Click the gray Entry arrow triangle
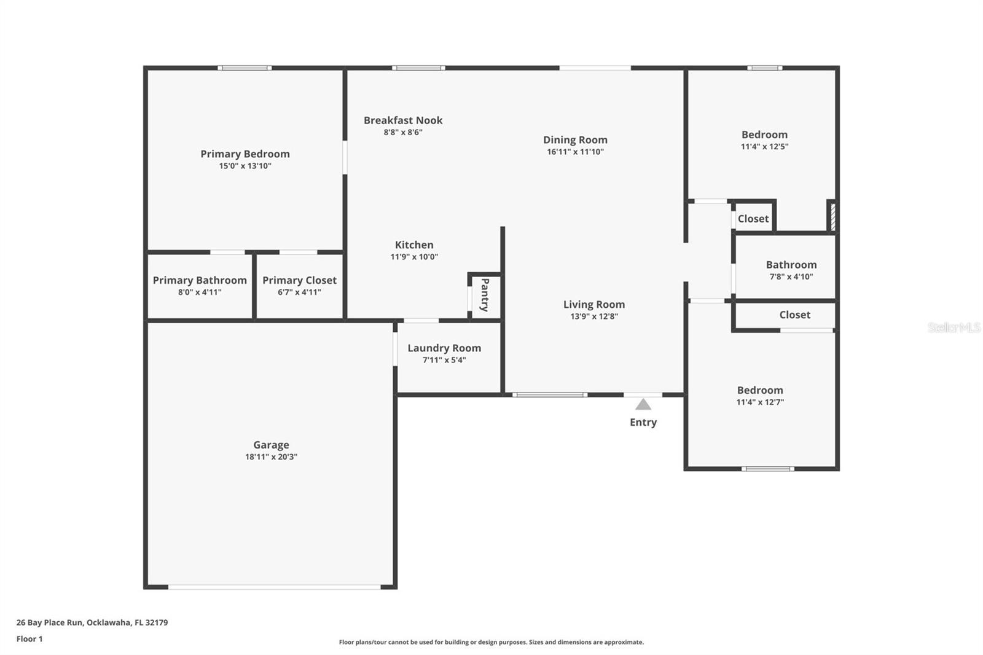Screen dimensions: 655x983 [x=643, y=404]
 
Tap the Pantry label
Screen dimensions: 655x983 [x=485, y=295]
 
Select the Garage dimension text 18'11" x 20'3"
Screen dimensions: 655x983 [x=271, y=457]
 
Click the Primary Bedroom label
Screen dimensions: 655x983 [x=245, y=154]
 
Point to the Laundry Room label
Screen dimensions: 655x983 [x=444, y=348]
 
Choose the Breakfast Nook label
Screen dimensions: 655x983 [x=402, y=120]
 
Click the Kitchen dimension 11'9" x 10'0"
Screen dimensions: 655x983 [x=414, y=257]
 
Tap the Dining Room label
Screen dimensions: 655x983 [x=574, y=140]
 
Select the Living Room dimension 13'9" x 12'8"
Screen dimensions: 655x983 [x=593, y=316]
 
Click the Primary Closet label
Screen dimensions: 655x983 [x=299, y=280]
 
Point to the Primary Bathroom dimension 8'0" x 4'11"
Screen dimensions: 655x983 [x=200, y=292]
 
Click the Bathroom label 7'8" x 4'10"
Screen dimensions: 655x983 [x=791, y=265]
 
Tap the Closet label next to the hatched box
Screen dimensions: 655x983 [x=753, y=219]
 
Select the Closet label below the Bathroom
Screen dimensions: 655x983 [x=794, y=315]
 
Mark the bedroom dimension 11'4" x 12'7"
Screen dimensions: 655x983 [x=760, y=402]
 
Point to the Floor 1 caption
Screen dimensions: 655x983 [x=29, y=638]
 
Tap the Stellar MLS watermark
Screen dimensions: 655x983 [x=953, y=327]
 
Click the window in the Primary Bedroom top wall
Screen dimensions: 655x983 [x=245, y=68]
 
